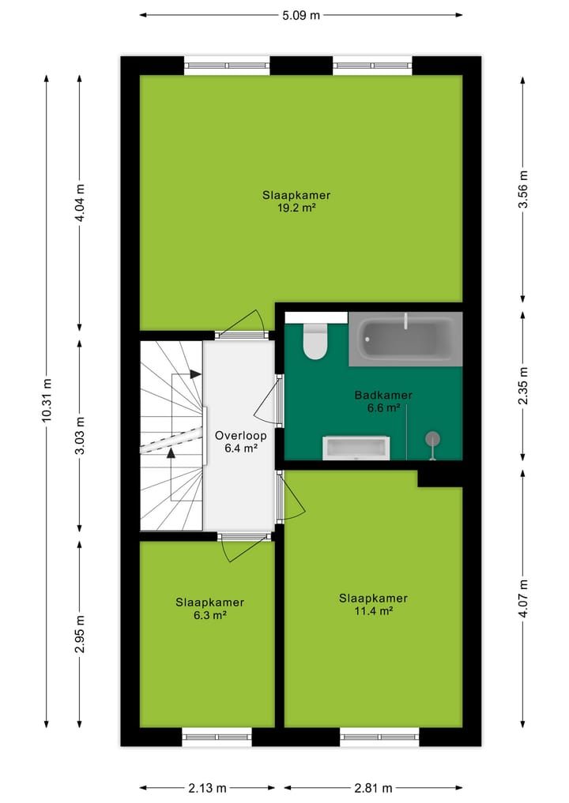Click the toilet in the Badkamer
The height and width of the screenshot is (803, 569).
click(x=315, y=342)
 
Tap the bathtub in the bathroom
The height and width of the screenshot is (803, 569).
click(x=405, y=340)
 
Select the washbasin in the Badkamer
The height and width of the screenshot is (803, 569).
click(x=356, y=448)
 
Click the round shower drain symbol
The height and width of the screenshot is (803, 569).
click(x=431, y=438)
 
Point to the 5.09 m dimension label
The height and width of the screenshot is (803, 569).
click(x=301, y=14)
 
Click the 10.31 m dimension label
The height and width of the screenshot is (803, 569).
click(x=47, y=401)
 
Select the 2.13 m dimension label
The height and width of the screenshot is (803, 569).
click(x=207, y=787)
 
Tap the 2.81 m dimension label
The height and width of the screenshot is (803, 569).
click(x=373, y=787)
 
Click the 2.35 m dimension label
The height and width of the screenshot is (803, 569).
click(x=522, y=387)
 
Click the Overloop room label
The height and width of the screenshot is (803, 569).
click(x=240, y=435)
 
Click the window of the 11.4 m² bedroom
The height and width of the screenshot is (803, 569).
click(x=379, y=737)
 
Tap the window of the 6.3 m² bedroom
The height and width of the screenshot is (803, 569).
click(x=217, y=737)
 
